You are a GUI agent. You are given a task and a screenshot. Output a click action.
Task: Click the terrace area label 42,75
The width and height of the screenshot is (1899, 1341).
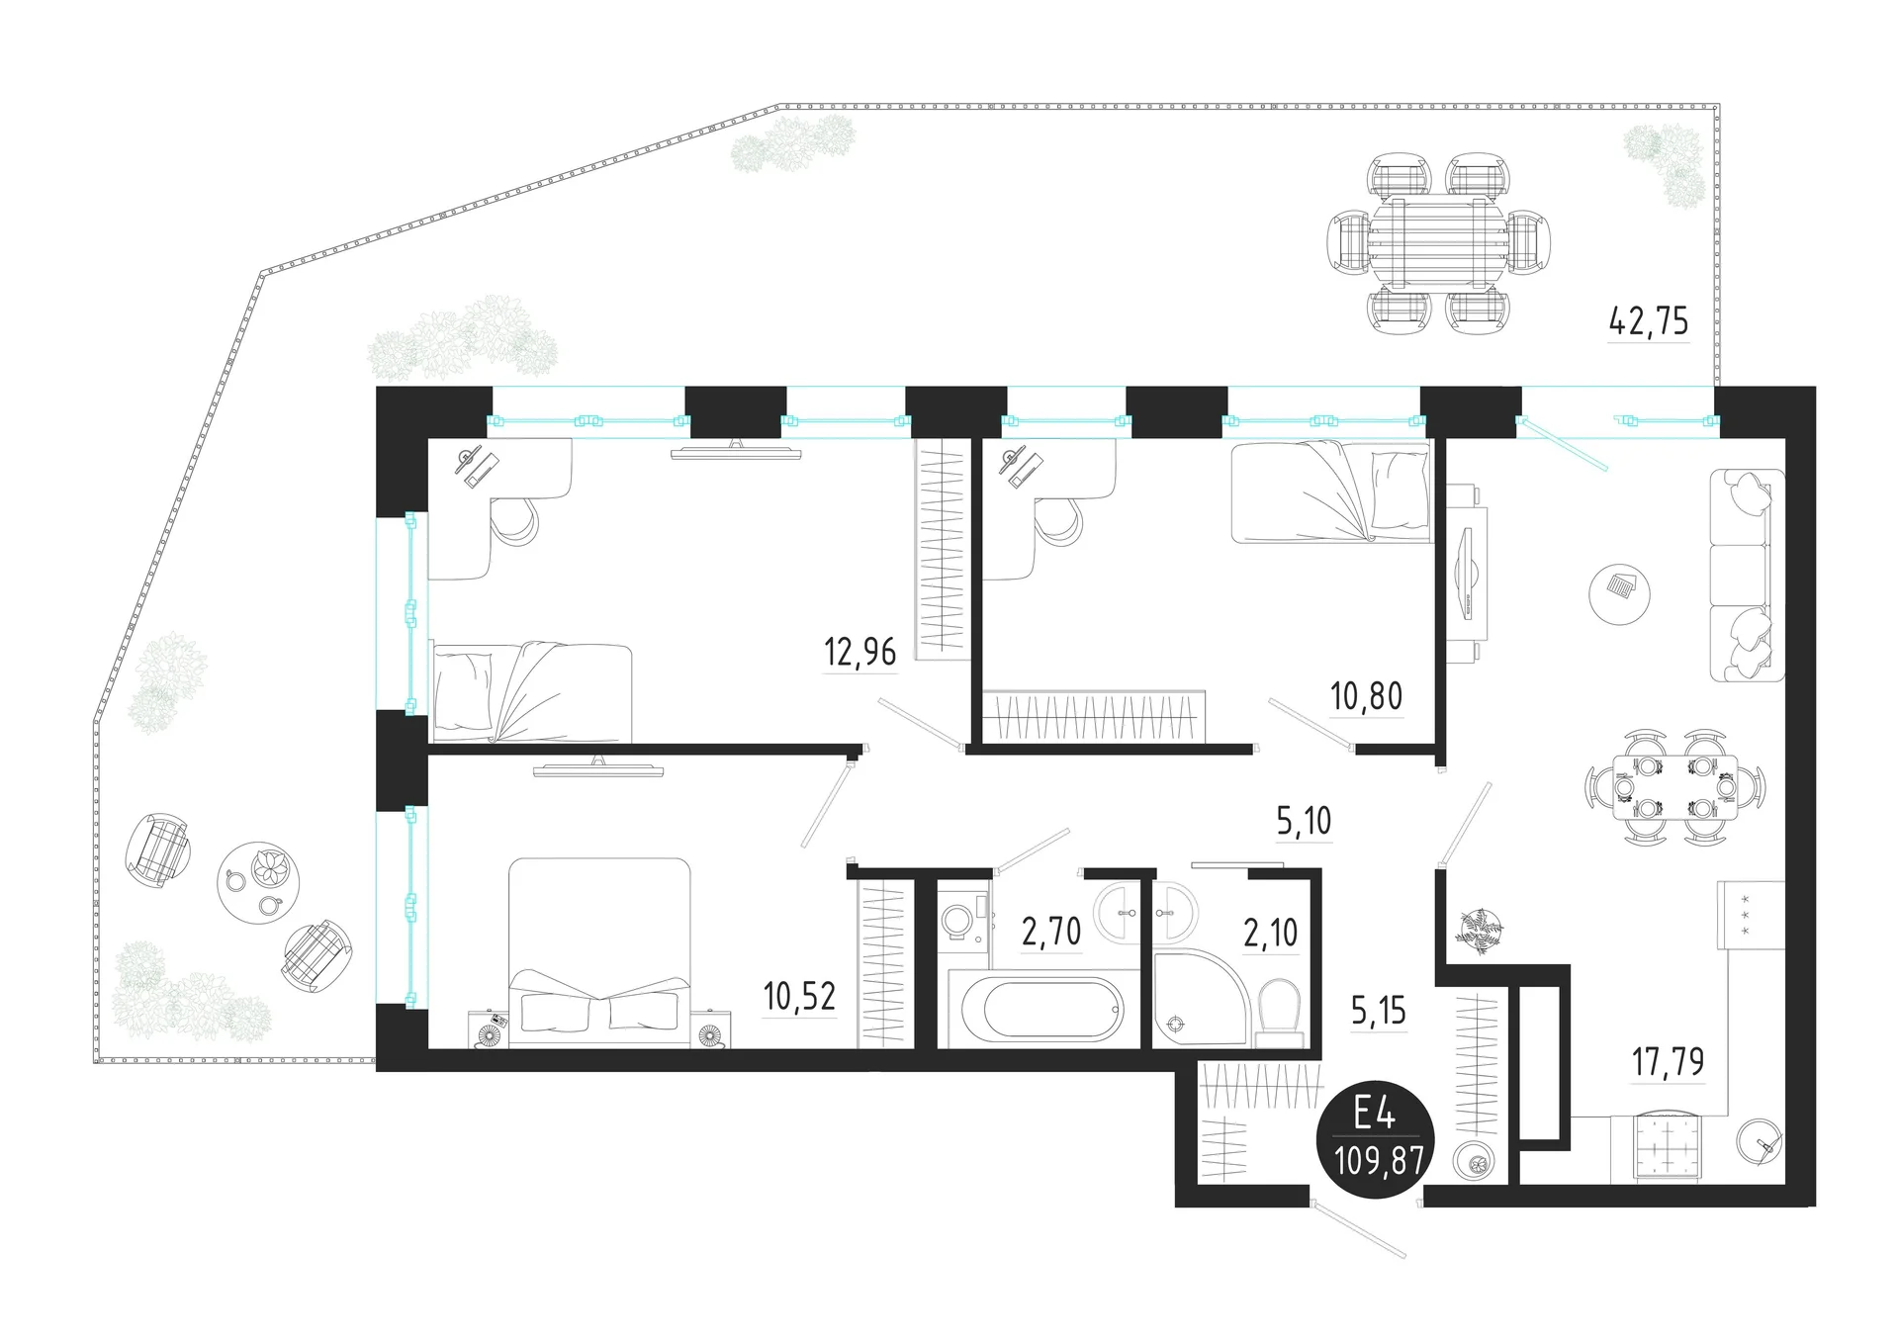(1649, 321)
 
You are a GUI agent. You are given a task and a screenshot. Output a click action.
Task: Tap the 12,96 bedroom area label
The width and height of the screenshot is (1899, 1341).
(859, 652)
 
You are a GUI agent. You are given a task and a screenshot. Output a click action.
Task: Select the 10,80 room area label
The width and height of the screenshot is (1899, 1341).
(1366, 696)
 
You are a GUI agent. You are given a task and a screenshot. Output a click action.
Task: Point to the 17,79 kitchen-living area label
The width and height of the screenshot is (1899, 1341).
(1668, 1062)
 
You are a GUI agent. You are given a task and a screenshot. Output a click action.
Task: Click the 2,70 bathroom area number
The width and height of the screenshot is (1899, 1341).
(1051, 932)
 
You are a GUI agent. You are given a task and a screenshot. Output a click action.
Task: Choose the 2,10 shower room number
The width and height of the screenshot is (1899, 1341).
(1271, 932)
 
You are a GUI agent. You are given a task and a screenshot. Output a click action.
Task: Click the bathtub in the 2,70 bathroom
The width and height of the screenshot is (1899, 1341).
(1036, 1008)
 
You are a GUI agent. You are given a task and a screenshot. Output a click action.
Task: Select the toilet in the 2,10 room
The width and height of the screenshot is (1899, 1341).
(1278, 1012)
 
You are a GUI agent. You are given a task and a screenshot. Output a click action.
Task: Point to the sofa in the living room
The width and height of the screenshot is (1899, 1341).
(1748, 575)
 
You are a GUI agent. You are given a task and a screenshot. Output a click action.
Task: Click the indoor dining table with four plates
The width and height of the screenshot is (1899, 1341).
(1675, 788)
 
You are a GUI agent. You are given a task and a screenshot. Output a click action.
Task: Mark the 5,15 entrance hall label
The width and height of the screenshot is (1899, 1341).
(1378, 1011)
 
